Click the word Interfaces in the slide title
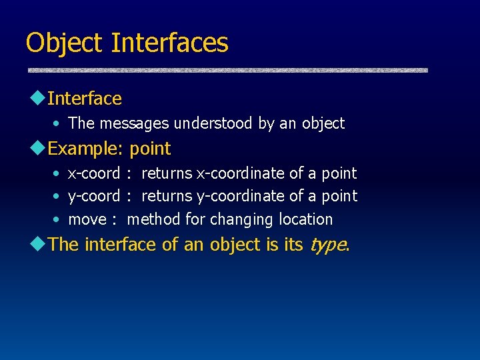point(170,43)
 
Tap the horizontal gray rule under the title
point(227,70)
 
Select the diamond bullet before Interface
point(37,97)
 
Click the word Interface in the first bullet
point(85,99)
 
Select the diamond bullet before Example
point(37,147)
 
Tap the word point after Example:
point(150,149)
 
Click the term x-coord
point(94,173)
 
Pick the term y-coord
point(94,197)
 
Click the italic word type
point(327,245)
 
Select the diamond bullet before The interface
point(37,243)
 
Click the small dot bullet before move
point(56,220)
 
